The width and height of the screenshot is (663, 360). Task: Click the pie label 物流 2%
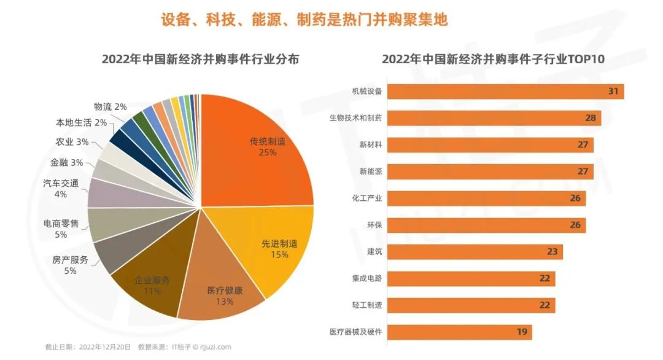[x=110, y=107]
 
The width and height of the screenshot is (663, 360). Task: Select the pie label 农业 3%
[x=72, y=142]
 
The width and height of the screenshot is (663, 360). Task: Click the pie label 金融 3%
[x=67, y=163]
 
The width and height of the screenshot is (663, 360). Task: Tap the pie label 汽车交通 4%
[x=61, y=188]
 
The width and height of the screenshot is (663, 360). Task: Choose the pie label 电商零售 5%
[x=61, y=229]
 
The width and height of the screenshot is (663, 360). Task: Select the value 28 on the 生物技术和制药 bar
[x=591, y=118]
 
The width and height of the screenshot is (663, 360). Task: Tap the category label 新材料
[x=371, y=145]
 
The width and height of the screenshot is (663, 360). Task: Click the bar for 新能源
[x=491, y=171]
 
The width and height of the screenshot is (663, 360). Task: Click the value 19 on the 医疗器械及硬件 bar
[x=522, y=332]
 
